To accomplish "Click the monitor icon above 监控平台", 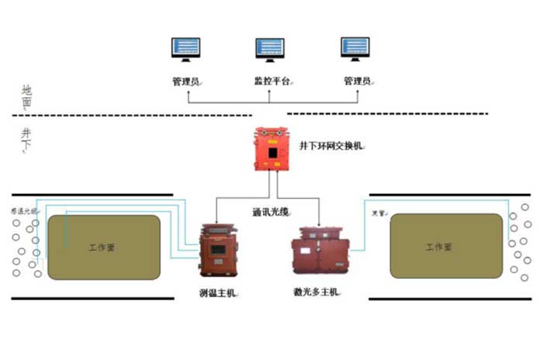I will click(269, 50).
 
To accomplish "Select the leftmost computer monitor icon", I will click(186, 50).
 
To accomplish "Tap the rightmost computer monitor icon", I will click(355, 50).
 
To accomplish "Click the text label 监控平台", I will click(269, 81).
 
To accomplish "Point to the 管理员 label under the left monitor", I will click(186, 81).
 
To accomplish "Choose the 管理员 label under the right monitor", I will click(358, 81).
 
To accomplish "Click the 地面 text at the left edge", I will click(27, 95).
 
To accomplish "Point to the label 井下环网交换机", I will click(330, 145).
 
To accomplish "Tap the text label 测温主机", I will click(218, 292).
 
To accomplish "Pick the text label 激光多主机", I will click(317, 292).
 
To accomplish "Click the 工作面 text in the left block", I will click(102, 247).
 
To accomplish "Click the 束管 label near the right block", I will click(379, 211).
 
